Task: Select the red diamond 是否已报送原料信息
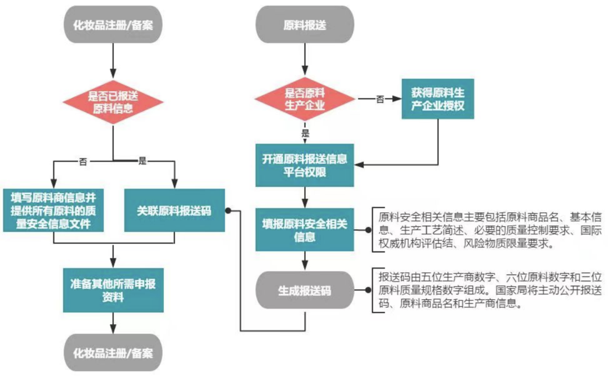113,101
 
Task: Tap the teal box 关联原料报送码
175,211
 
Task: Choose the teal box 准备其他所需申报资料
113,289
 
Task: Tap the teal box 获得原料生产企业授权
437,99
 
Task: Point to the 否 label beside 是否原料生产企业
380,99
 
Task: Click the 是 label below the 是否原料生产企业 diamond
305,134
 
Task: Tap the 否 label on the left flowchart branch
83,162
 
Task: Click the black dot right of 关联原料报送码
228,211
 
